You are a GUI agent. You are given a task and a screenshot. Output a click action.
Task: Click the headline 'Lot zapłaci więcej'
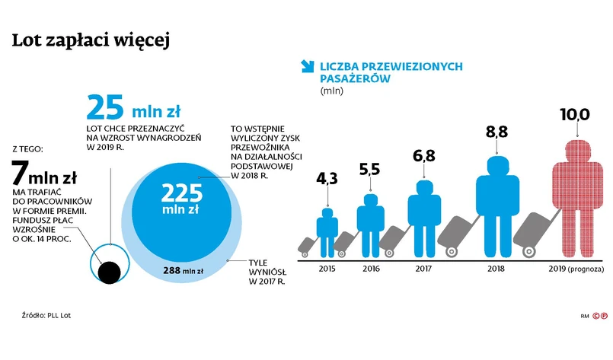tap(91, 42)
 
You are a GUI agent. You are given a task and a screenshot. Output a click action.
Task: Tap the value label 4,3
tap(327, 178)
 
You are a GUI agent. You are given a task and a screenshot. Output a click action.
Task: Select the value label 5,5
tap(369, 169)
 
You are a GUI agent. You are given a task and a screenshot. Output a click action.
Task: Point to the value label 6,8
tap(423, 156)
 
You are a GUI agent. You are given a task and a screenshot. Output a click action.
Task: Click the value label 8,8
tap(496, 132)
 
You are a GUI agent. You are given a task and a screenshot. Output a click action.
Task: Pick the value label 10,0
tap(575, 115)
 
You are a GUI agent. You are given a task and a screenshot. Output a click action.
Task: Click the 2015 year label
tap(327, 269)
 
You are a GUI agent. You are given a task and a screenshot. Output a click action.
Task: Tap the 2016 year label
tap(371, 269)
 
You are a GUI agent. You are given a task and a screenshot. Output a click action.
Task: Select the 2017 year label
tap(424, 269)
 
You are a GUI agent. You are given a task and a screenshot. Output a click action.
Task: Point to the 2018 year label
tap(497, 269)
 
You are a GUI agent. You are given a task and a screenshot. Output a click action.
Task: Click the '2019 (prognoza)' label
tap(576, 269)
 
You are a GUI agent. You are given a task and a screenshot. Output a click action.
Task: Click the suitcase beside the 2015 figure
tap(308, 244)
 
